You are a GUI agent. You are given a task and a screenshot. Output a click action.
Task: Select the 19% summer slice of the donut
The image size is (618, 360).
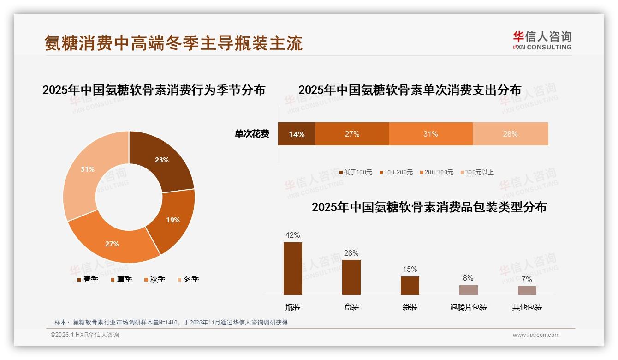click(x=172, y=220)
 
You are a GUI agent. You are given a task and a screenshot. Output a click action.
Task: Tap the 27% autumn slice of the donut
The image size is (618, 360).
click(x=113, y=243)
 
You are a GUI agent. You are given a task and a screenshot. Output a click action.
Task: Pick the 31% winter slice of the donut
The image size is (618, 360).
click(x=88, y=170)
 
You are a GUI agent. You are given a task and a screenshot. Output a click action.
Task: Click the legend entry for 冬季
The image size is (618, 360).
click(x=188, y=279)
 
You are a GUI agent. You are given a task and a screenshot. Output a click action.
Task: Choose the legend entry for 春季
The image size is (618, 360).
click(x=88, y=279)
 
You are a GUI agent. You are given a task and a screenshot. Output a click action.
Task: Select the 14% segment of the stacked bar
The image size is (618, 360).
click(x=297, y=134)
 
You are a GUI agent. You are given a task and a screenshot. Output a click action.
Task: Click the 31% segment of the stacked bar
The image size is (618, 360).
click(x=430, y=134)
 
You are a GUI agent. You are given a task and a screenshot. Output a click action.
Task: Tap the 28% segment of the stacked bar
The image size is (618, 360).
click(x=510, y=134)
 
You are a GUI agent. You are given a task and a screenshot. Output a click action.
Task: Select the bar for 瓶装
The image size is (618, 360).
click(x=293, y=269)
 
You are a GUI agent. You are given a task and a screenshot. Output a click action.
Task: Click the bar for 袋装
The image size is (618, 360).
click(x=410, y=286)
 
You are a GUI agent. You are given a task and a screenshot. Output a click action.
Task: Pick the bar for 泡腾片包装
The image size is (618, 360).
click(x=468, y=290)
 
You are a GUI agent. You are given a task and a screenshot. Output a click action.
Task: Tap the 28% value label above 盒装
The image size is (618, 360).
click(x=351, y=253)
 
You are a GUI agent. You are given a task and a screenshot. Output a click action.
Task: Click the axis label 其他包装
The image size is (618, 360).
click(x=527, y=307)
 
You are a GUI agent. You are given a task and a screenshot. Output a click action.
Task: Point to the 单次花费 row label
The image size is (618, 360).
click(x=252, y=134)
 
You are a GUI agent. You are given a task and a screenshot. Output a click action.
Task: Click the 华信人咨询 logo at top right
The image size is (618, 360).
click(x=542, y=40)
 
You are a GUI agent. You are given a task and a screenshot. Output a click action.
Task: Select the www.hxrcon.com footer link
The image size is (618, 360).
click(x=535, y=335)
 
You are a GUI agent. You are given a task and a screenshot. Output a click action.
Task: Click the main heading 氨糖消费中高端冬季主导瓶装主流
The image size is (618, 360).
click(x=173, y=43)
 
